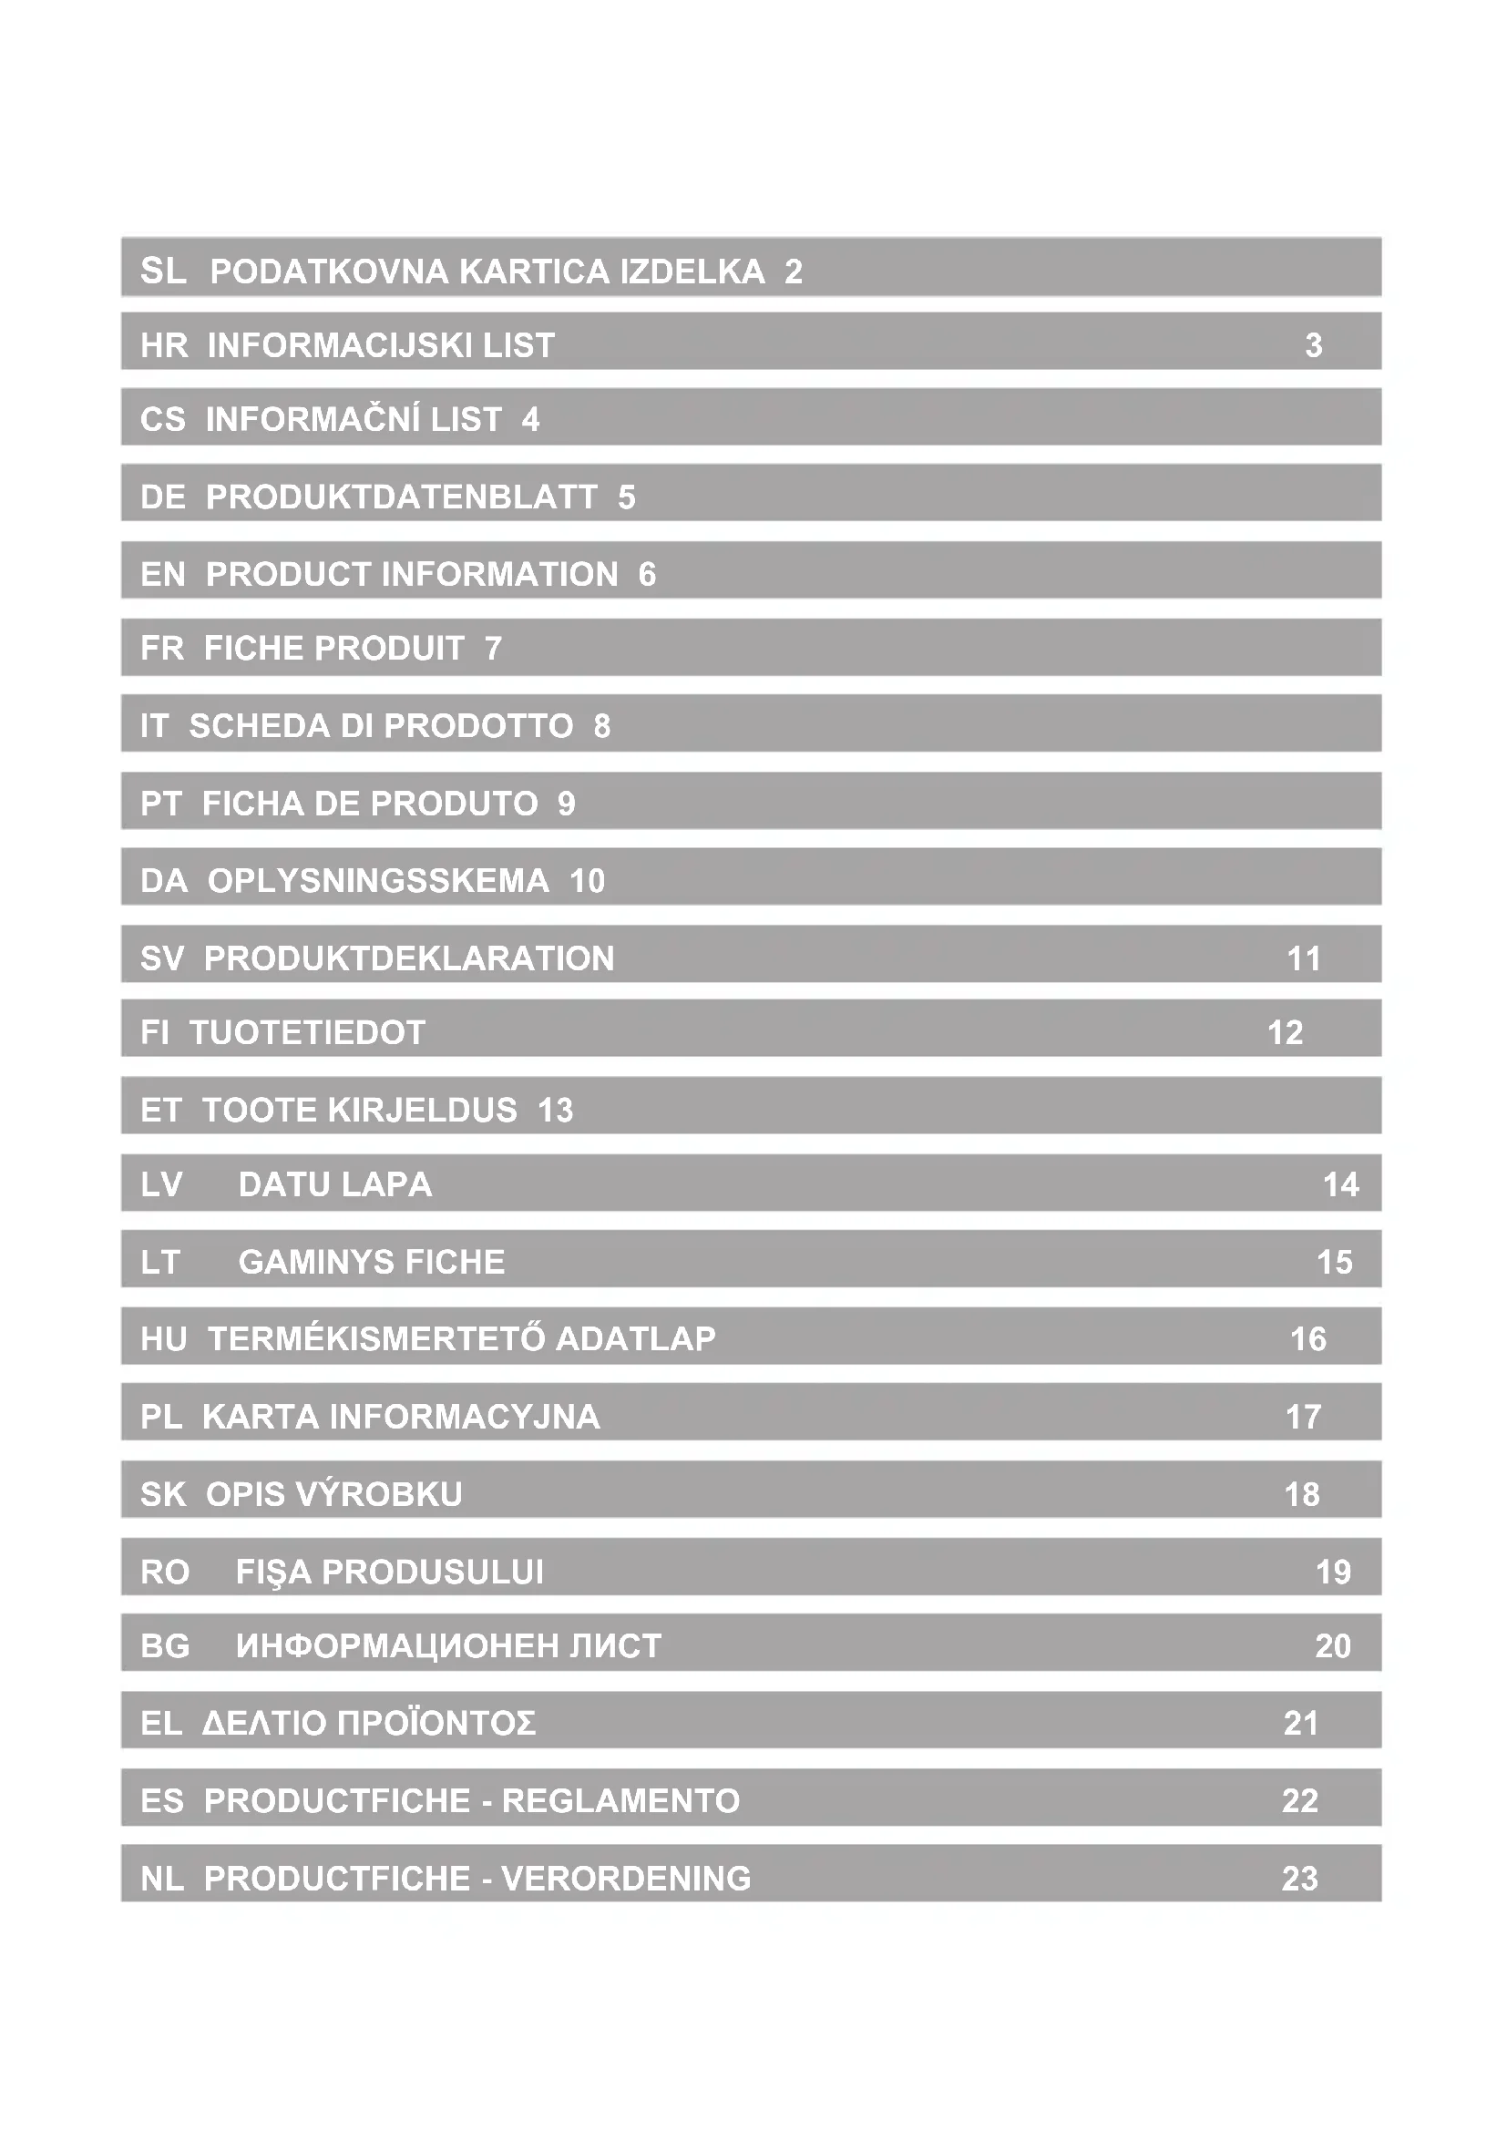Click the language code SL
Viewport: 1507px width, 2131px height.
[x=162, y=271]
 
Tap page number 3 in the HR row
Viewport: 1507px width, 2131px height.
[x=1313, y=345]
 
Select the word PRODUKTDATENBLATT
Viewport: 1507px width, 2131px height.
[x=401, y=497]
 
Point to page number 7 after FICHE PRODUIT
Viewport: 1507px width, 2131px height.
[x=494, y=649]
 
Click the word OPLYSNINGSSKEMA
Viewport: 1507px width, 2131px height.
[x=378, y=881]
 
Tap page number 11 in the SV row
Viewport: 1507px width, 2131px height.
[x=1304, y=958]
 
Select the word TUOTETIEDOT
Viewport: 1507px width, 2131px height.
[x=307, y=1033]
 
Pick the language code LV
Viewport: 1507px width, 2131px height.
[x=161, y=1185]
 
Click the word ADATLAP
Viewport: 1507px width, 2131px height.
[x=636, y=1339]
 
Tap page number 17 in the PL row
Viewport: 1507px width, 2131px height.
[x=1303, y=1418]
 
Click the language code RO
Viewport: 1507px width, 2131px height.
[x=164, y=1573]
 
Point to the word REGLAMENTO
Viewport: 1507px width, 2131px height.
[x=620, y=1800]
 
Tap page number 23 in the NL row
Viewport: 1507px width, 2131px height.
[x=1299, y=1879]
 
